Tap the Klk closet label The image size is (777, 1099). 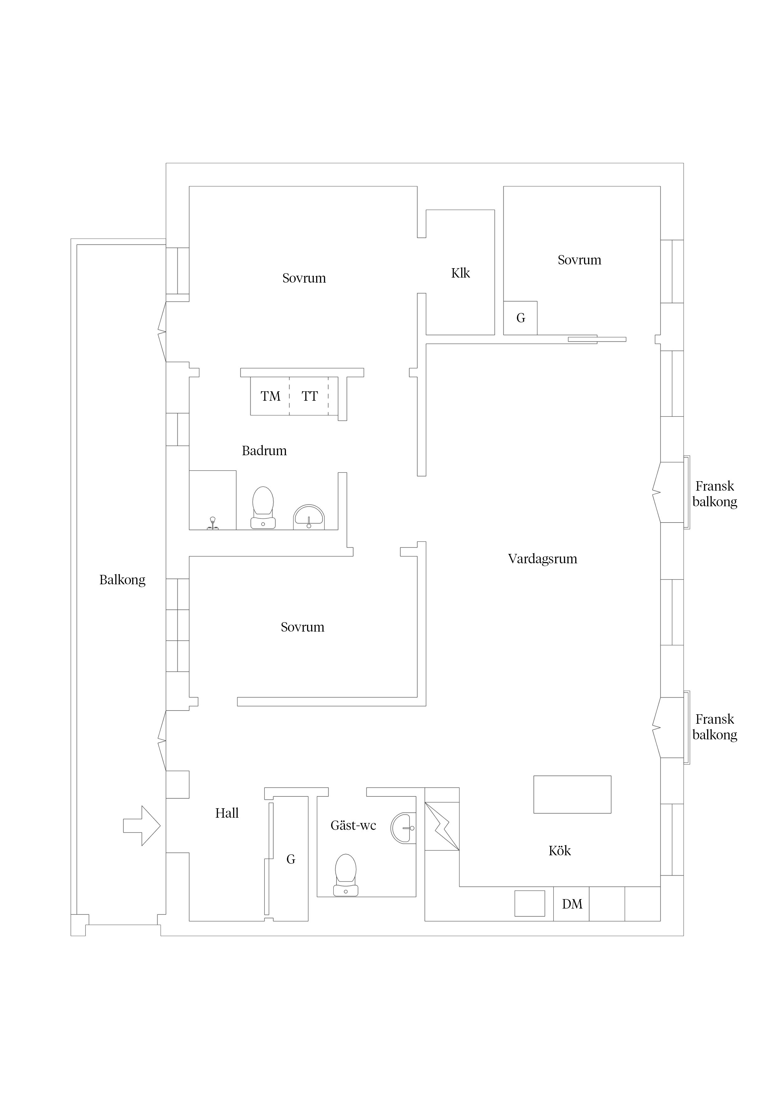click(461, 273)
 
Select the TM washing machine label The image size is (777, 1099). click(270, 396)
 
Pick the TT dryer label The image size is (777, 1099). click(310, 396)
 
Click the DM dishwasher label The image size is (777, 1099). click(572, 904)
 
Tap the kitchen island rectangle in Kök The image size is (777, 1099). click(572, 794)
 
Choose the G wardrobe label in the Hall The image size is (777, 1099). click(291, 860)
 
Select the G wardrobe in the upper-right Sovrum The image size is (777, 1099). click(520, 318)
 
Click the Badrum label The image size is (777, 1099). click(264, 451)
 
